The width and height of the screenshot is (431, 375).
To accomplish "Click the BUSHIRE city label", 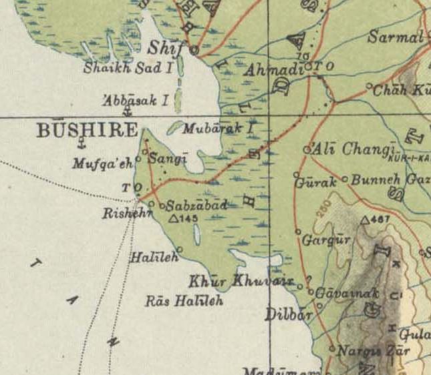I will click(x=87, y=129).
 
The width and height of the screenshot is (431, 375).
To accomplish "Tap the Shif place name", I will click(x=166, y=48).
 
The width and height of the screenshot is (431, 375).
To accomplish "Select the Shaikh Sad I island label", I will click(x=128, y=67).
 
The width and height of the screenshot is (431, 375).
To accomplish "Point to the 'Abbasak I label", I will click(x=136, y=101).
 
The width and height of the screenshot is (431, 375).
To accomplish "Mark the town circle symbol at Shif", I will click(x=194, y=49).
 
